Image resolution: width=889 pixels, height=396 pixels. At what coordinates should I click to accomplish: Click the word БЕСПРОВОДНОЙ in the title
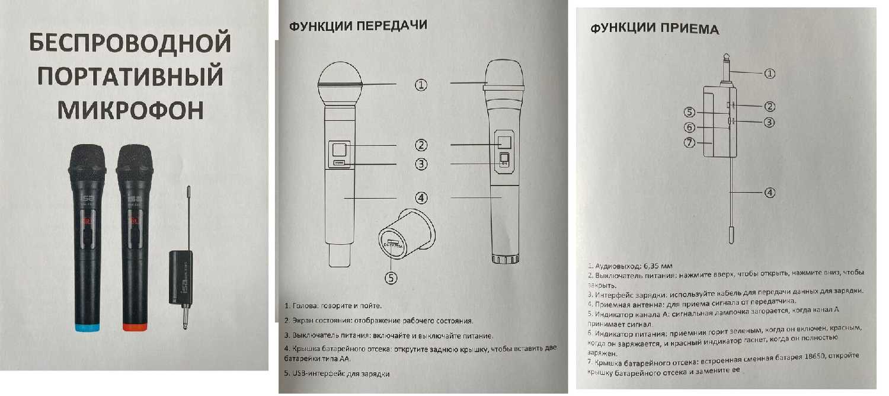(130, 44)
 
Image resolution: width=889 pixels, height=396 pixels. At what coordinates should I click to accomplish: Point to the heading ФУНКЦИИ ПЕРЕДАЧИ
(357, 27)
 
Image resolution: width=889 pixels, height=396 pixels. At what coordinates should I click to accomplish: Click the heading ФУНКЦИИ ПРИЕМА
(655, 29)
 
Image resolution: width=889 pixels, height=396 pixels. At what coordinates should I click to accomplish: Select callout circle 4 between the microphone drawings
(421, 197)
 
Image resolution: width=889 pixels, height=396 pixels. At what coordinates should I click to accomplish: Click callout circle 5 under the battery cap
(391, 277)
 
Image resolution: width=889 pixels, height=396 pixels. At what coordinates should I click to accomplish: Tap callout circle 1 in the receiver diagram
(769, 74)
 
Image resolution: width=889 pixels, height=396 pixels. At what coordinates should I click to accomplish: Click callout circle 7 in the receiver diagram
(689, 143)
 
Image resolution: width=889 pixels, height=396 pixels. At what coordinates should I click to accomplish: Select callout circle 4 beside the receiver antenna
(769, 193)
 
